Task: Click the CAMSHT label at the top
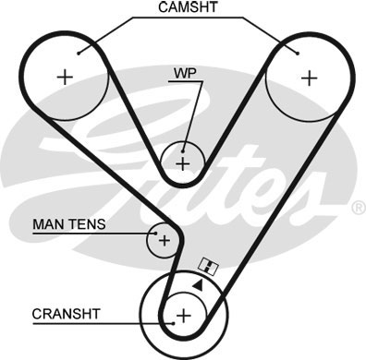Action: click(x=188, y=7)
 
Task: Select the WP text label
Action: click(x=182, y=71)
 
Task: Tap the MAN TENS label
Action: click(x=69, y=223)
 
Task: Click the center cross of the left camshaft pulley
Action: click(x=65, y=78)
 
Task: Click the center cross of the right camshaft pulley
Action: click(x=305, y=78)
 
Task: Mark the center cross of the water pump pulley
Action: click(x=183, y=164)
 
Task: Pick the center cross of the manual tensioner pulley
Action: click(x=165, y=242)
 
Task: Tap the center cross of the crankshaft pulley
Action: click(x=183, y=317)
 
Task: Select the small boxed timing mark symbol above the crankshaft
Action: click(x=209, y=268)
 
